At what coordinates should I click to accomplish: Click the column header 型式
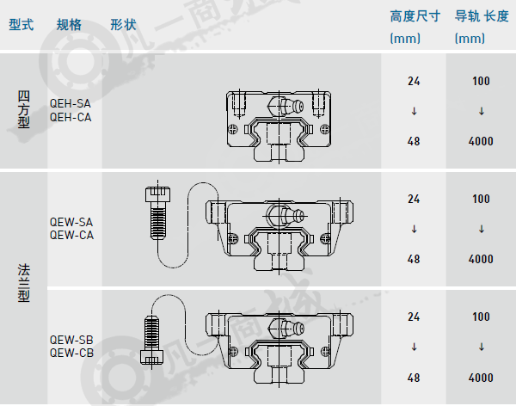click(x=21, y=25)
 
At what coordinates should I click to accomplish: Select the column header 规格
click(x=69, y=25)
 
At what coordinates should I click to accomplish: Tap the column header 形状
click(x=123, y=25)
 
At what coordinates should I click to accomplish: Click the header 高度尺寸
click(x=415, y=16)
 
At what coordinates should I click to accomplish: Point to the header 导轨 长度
click(x=482, y=16)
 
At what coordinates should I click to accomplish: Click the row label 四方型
click(x=24, y=109)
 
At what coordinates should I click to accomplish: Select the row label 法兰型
click(x=24, y=283)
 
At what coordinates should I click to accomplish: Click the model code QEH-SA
click(x=71, y=104)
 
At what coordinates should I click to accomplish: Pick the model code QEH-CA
click(x=71, y=117)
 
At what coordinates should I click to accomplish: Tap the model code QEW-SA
click(x=71, y=222)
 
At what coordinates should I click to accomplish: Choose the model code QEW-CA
click(x=71, y=235)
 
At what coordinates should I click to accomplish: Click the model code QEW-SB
click(x=71, y=340)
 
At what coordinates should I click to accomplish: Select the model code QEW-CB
click(x=71, y=353)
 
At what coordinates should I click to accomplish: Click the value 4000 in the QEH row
click(x=481, y=142)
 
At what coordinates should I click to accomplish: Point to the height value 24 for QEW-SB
click(x=414, y=317)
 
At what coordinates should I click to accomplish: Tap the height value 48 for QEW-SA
click(x=414, y=260)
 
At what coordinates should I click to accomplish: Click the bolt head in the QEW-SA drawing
click(x=158, y=194)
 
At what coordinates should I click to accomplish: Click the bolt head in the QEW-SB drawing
click(x=151, y=357)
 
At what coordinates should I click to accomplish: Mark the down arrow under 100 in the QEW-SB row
click(x=481, y=347)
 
